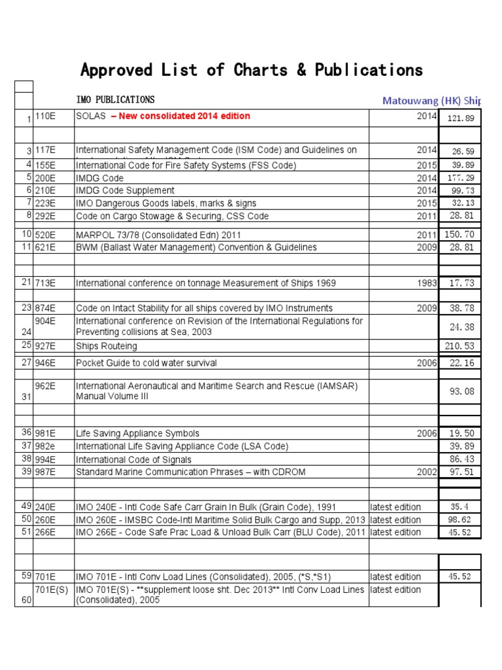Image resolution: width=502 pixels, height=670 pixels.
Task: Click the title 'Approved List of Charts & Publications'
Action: point(251,70)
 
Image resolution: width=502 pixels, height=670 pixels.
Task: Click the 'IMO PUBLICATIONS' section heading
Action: point(115,100)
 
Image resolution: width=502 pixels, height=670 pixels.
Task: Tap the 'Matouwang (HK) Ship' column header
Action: point(431,100)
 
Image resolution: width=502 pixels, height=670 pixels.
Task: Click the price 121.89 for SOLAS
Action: point(460,118)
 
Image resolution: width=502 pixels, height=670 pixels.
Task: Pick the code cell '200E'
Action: point(44,177)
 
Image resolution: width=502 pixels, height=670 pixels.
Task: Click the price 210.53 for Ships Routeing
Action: point(460,346)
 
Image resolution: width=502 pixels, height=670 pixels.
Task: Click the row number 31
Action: point(26,397)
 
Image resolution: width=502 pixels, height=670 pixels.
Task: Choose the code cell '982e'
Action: point(45,446)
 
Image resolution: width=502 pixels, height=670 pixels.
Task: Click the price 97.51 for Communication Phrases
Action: point(460,472)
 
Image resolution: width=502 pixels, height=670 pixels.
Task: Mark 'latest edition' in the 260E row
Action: point(395,520)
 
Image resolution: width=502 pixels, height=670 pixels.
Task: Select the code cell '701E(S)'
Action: point(51,590)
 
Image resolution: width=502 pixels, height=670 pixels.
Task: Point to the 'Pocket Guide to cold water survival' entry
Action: point(146,363)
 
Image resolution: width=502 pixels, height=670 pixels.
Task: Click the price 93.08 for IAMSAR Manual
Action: point(460,392)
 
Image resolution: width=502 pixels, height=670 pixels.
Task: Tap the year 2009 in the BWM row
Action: point(426,247)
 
